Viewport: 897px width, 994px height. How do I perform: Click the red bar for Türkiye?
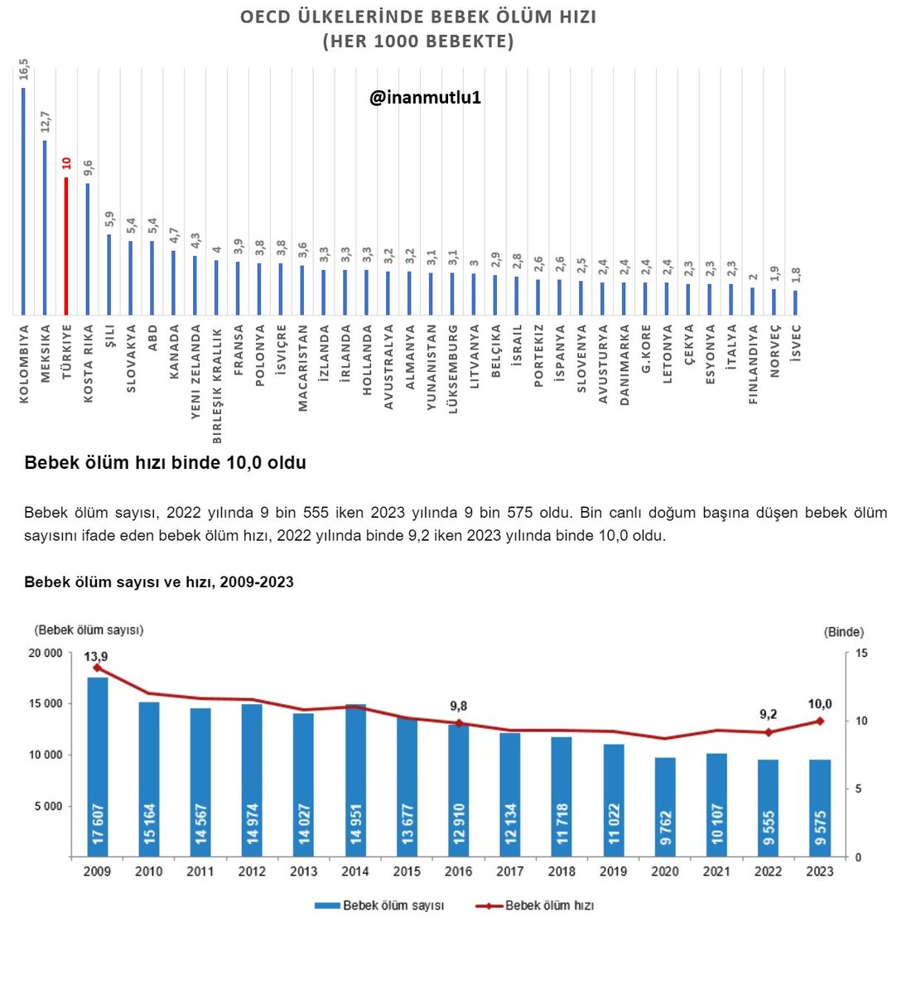coord(66,246)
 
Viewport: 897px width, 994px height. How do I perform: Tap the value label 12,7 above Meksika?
coord(45,121)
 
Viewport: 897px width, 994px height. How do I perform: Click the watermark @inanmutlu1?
coord(425,98)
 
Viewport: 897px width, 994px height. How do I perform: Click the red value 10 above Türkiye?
coord(66,163)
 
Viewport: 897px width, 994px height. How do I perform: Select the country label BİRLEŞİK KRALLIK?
coord(217,386)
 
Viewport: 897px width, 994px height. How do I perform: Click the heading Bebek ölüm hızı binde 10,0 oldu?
coord(165,463)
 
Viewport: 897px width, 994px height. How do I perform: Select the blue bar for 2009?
coord(98,766)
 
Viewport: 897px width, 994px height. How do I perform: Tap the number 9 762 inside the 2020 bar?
coord(665,828)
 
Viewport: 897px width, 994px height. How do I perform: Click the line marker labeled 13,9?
coord(97,668)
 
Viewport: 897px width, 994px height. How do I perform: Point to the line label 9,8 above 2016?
coord(458,706)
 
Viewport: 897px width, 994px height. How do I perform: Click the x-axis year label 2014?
coord(354,871)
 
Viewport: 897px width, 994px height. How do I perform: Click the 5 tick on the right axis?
coord(858,789)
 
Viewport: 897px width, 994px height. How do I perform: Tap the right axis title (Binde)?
coord(843,632)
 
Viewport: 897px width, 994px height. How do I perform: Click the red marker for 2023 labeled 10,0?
coord(820,721)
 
